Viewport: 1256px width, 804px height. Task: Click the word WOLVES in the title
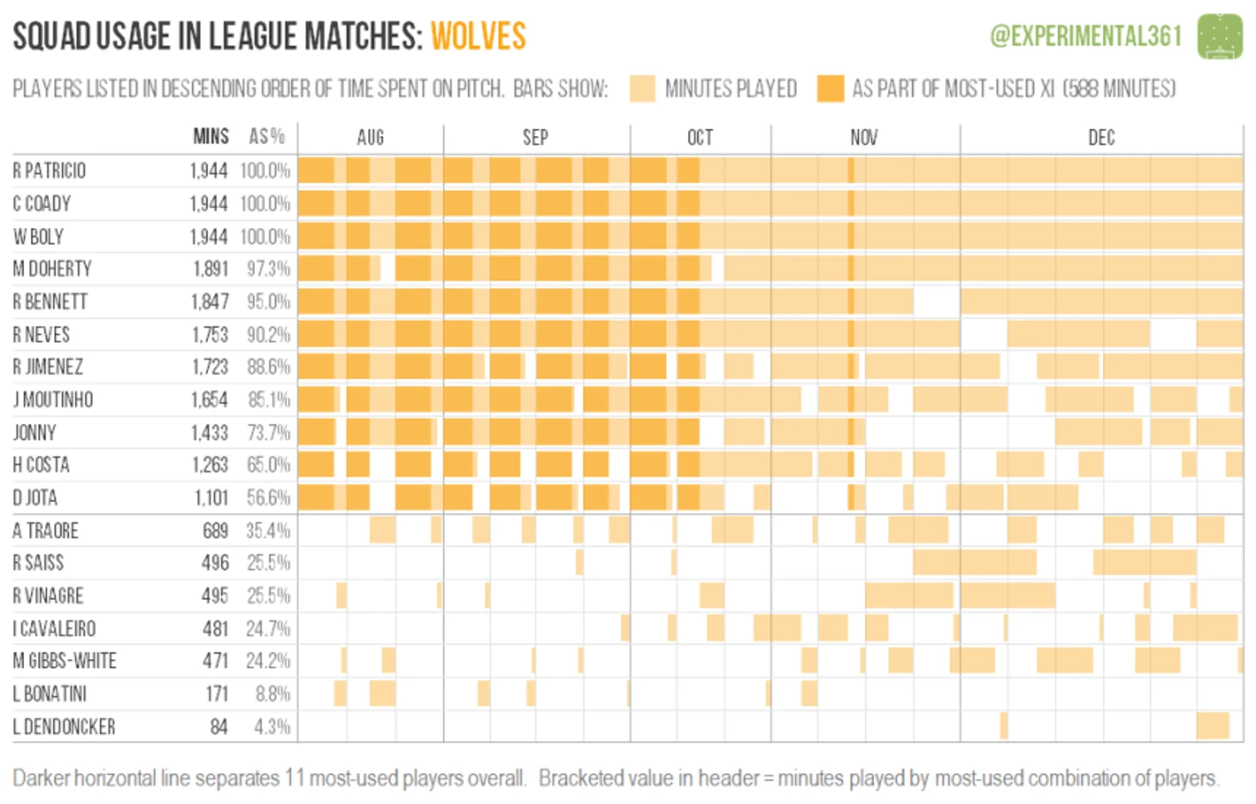point(478,37)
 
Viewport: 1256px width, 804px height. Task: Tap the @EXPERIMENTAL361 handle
point(1086,36)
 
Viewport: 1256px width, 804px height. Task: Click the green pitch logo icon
point(1220,37)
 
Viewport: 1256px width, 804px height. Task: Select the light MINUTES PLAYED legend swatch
point(643,89)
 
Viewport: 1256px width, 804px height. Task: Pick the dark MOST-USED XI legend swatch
point(830,89)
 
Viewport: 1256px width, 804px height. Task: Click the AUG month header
point(370,138)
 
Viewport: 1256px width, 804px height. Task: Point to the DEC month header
point(1101,138)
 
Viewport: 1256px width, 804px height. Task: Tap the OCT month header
point(699,138)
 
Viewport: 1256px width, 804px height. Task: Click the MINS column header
point(211,137)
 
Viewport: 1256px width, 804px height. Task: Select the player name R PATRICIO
point(49,170)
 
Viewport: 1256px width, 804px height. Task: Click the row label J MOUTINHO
point(52,399)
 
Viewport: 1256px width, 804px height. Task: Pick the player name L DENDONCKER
point(64,727)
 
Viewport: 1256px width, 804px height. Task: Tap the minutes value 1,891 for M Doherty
point(210,269)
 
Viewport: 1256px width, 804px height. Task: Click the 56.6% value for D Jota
point(268,498)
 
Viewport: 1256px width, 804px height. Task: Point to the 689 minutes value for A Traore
point(215,530)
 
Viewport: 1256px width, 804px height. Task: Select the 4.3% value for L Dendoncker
point(272,727)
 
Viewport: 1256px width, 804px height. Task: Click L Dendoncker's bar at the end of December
point(1212,726)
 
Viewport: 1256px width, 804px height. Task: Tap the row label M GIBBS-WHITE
point(65,661)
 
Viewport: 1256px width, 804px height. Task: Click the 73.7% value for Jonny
point(268,432)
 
